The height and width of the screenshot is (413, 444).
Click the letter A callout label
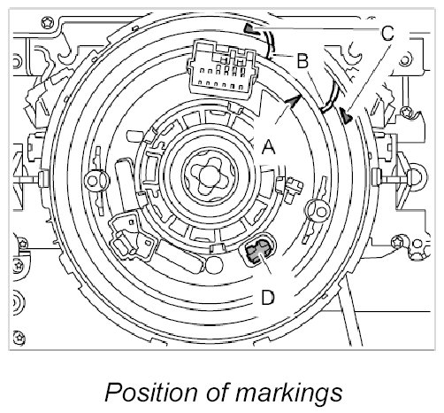click(x=268, y=147)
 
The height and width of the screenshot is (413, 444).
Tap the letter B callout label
click(x=302, y=61)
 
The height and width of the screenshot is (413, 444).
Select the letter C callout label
click(x=387, y=33)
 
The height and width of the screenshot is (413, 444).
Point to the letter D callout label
click(x=268, y=297)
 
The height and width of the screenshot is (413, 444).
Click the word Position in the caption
click(x=150, y=392)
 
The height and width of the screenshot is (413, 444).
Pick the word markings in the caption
click(x=288, y=393)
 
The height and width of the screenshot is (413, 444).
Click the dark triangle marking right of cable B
click(x=346, y=115)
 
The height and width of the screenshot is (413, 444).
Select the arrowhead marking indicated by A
click(x=294, y=101)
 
